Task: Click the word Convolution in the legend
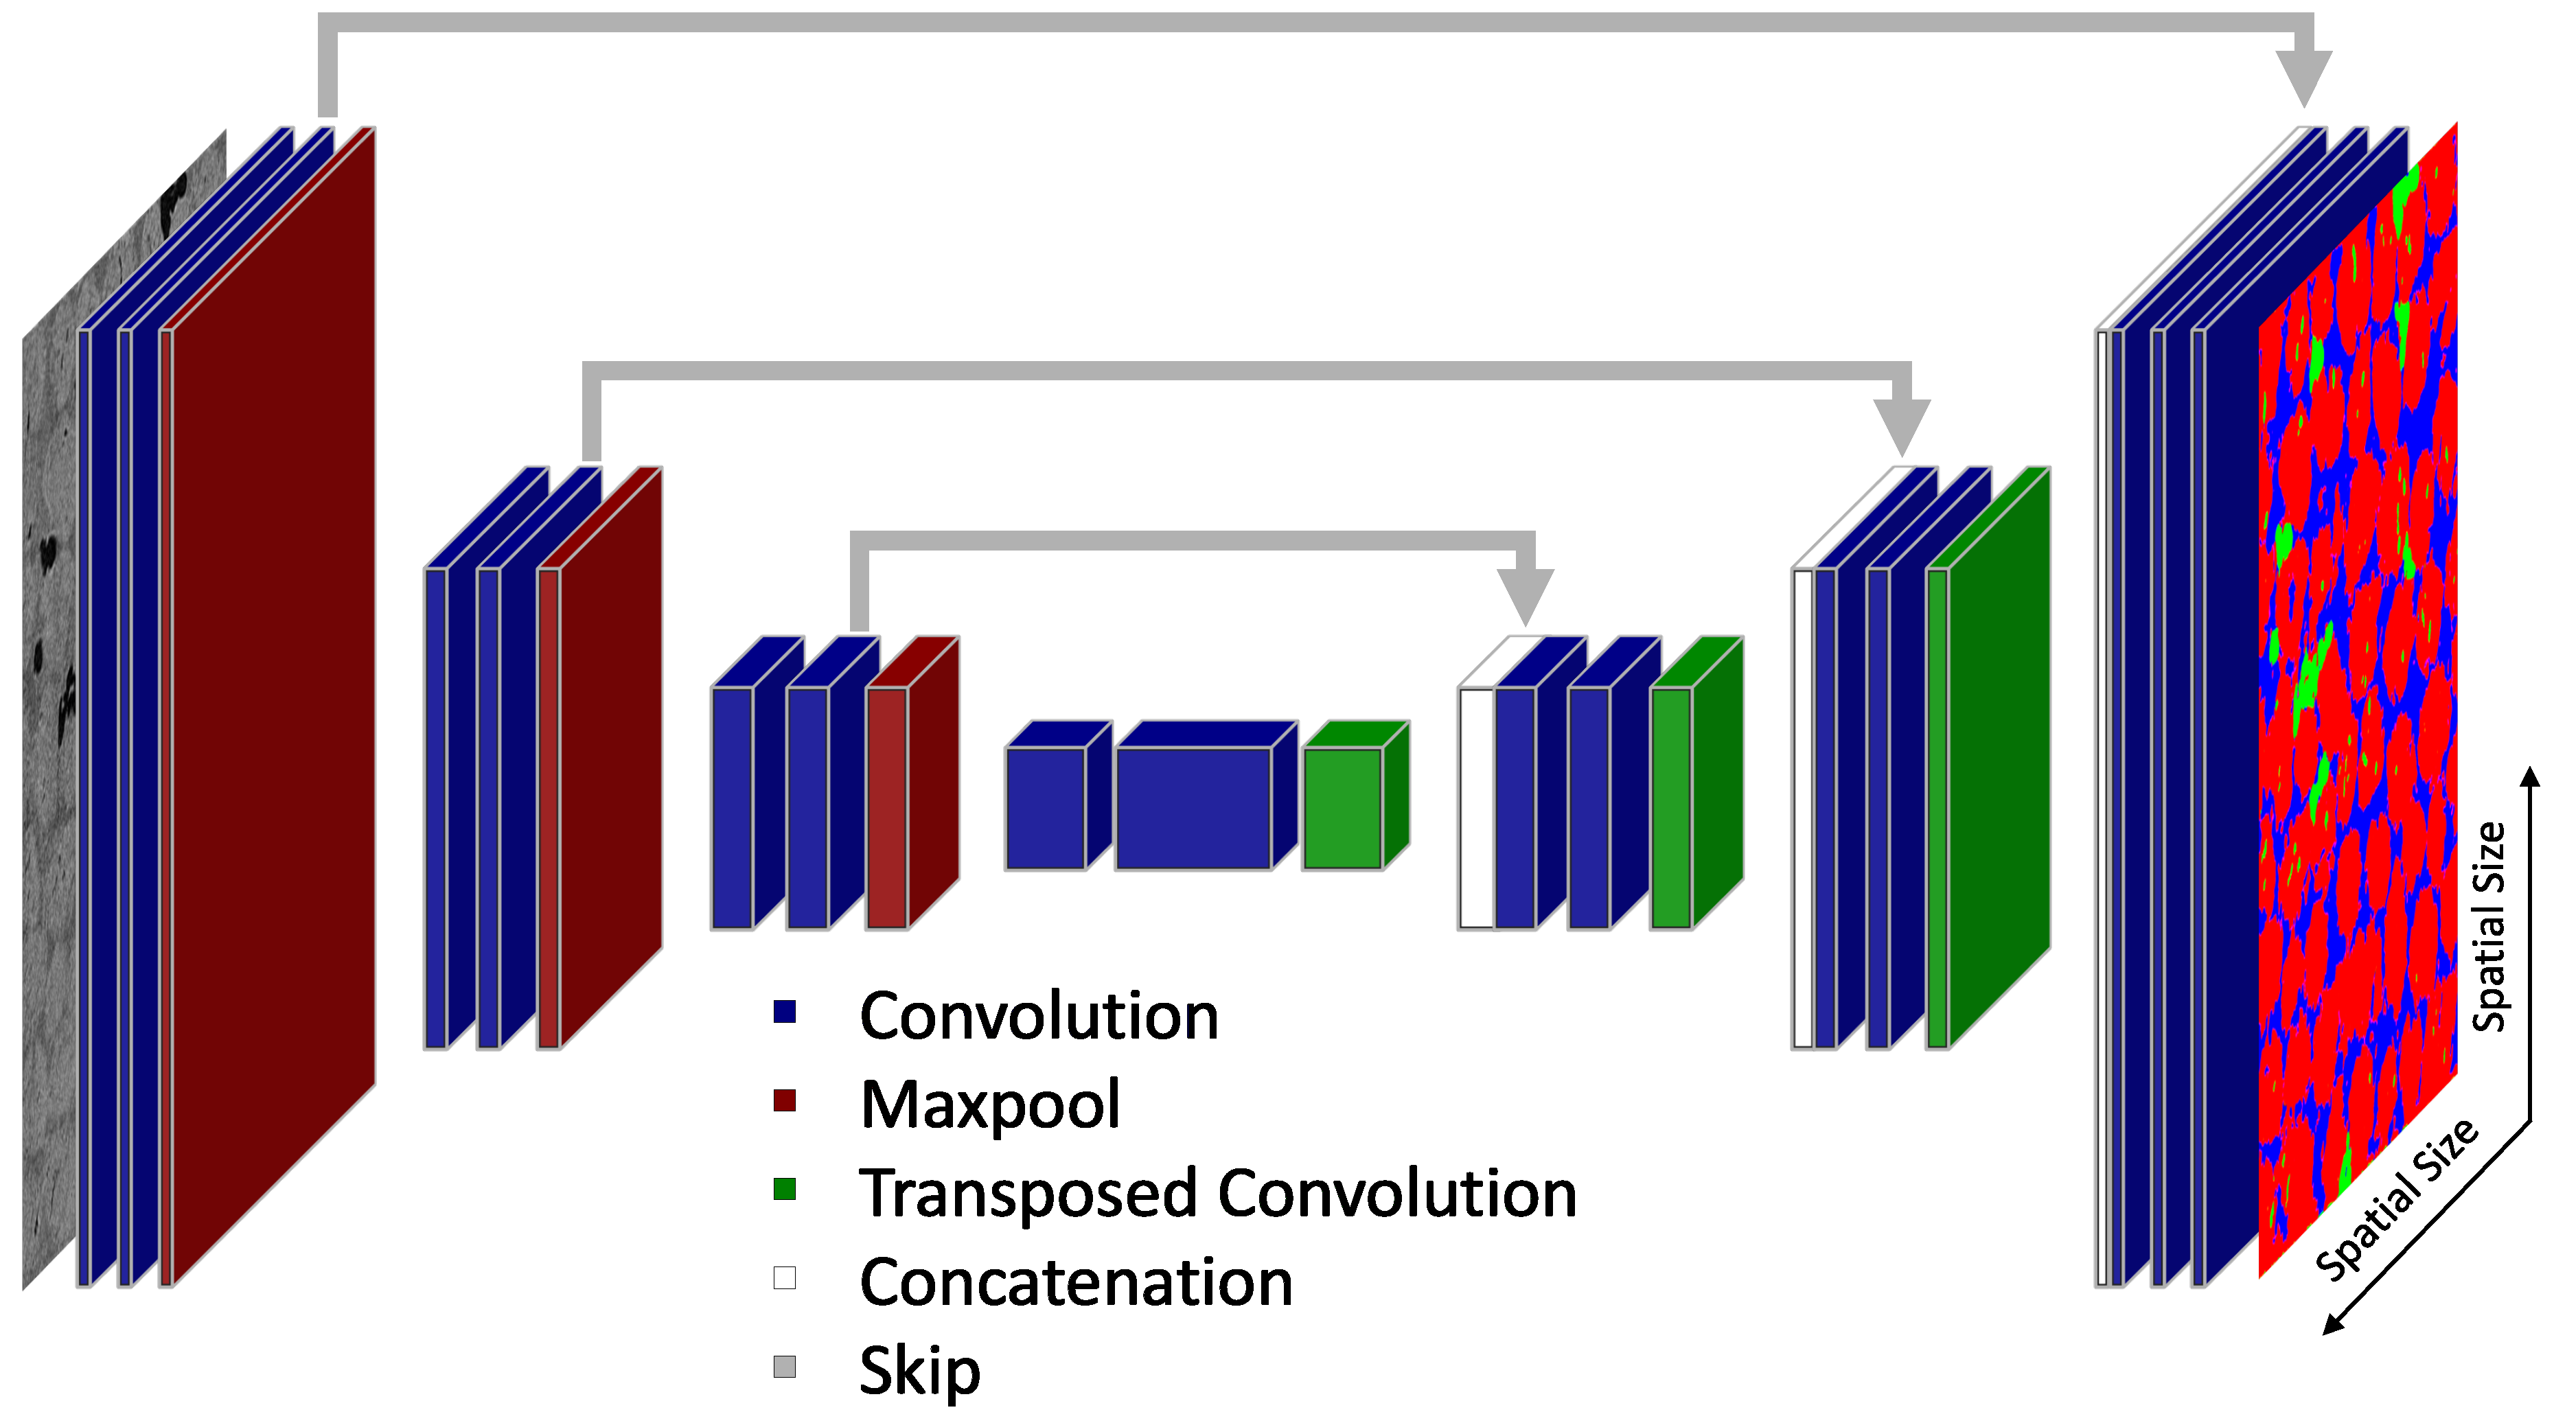tap(1038, 1017)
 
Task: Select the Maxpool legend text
tap(989, 1104)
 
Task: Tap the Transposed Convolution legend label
tap(1217, 1193)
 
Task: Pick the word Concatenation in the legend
tap(1076, 1282)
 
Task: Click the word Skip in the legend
tap(919, 1370)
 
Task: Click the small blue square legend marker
tap(784, 1011)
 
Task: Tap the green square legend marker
tap(784, 1189)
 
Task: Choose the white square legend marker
tap(784, 1277)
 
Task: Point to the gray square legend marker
tap(784, 1367)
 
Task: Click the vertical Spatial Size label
tap(2489, 927)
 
